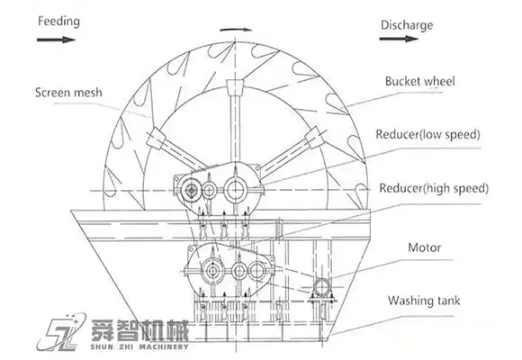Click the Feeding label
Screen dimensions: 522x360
point(58,22)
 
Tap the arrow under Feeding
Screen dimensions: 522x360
point(56,40)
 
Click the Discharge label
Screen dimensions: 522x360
point(407,25)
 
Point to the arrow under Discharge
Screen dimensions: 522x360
point(399,39)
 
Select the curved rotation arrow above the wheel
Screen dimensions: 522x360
point(236,30)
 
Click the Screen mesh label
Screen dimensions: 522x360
point(68,92)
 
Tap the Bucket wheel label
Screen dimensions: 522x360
point(419,81)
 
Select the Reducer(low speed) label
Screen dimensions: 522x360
point(427,134)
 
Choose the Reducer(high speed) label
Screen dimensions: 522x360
point(434,188)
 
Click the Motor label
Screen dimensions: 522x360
point(425,247)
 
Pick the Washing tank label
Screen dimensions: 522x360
point(424,301)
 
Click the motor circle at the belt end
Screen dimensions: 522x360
point(322,287)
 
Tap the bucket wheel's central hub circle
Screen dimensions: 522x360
point(236,190)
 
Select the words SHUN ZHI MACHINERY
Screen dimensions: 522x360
point(139,346)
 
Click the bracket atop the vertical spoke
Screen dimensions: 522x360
point(235,86)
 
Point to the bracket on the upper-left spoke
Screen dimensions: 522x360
point(156,138)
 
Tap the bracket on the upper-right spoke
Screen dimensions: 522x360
point(315,137)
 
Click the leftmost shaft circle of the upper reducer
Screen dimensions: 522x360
point(191,191)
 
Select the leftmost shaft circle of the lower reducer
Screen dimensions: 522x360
point(211,271)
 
